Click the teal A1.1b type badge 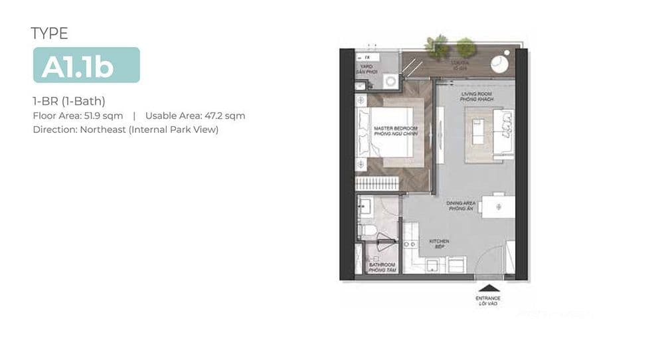coord(86,65)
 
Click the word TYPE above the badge coord(49,33)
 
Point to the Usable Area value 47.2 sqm coord(223,116)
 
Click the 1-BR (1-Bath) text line coord(69,101)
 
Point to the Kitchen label coord(439,244)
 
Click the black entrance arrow coord(487,288)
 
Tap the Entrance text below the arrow coord(487,301)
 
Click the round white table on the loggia coord(499,63)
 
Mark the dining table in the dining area coord(497,206)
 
